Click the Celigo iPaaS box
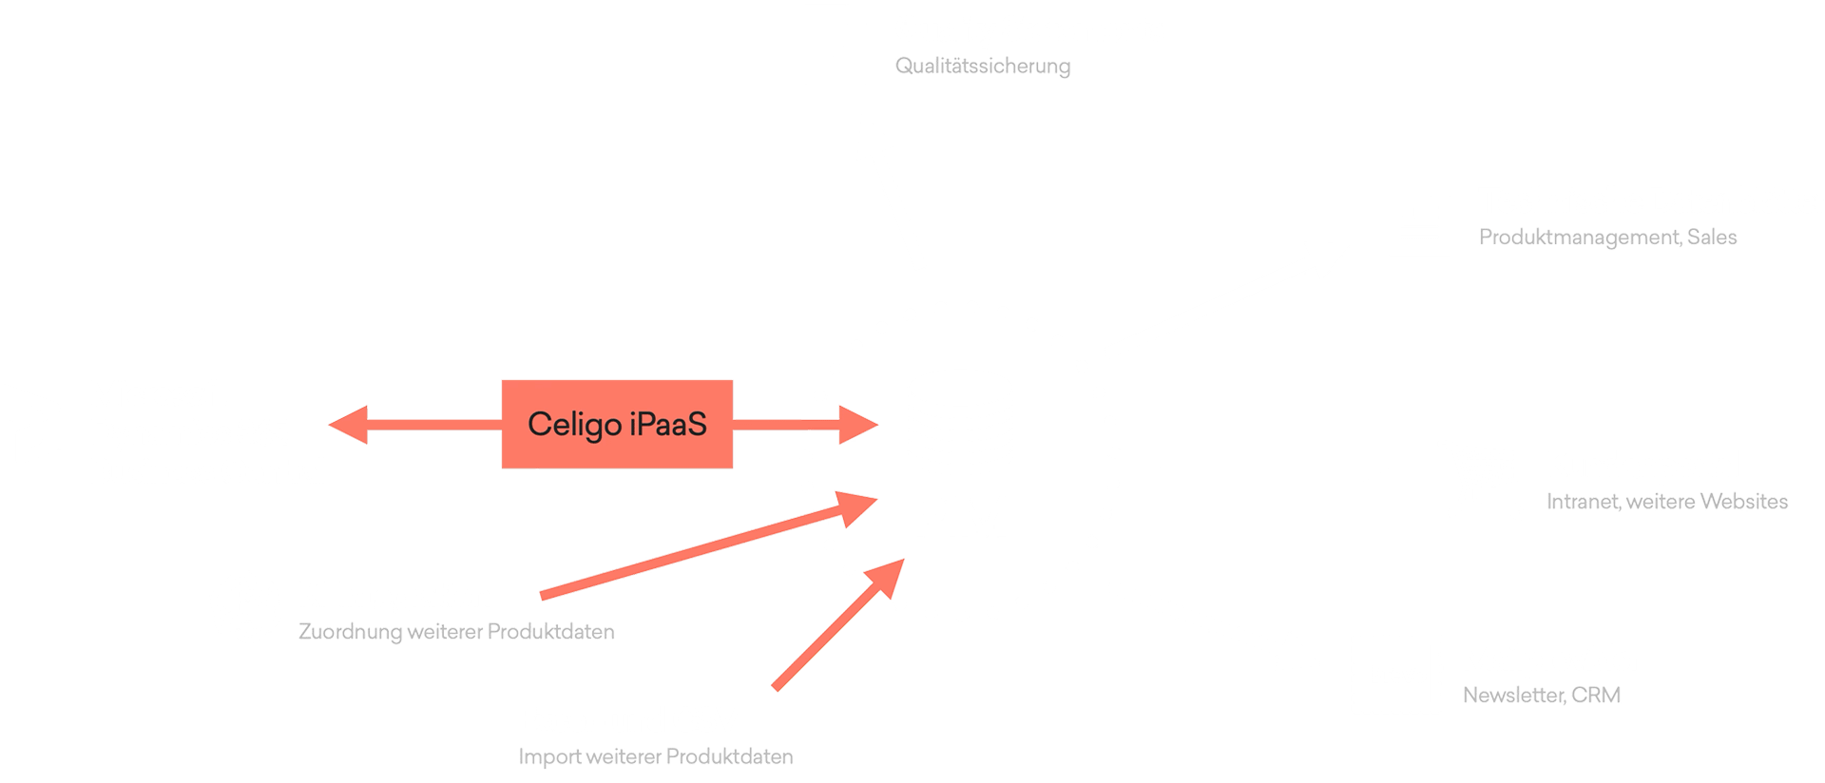[617, 424]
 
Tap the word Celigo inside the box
[574, 425]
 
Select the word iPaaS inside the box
[668, 424]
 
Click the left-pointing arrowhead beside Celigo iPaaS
[348, 425]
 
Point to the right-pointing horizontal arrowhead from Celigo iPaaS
[858, 425]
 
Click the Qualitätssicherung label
[983, 66]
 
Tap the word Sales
[1712, 237]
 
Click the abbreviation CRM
[1596, 695]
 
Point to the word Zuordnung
[350, 632]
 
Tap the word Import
[549, 757]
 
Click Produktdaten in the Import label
[729, 756]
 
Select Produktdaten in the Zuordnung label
[550, 631]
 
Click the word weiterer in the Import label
[624, 756]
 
